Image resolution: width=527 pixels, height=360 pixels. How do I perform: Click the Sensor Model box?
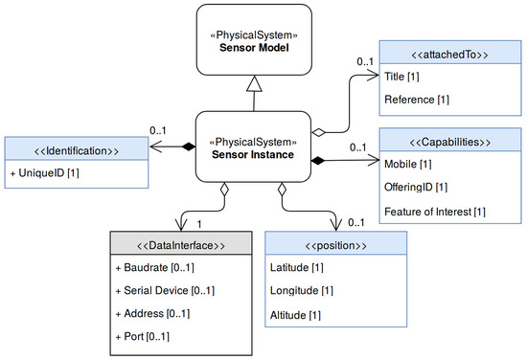(x=257, y=39)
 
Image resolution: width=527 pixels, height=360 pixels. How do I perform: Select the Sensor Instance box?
(x=257, y=146)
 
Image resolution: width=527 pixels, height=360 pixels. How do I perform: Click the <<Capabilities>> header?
(x=450, y=142)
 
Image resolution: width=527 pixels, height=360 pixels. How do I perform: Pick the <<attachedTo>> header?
(x=450, y=55)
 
